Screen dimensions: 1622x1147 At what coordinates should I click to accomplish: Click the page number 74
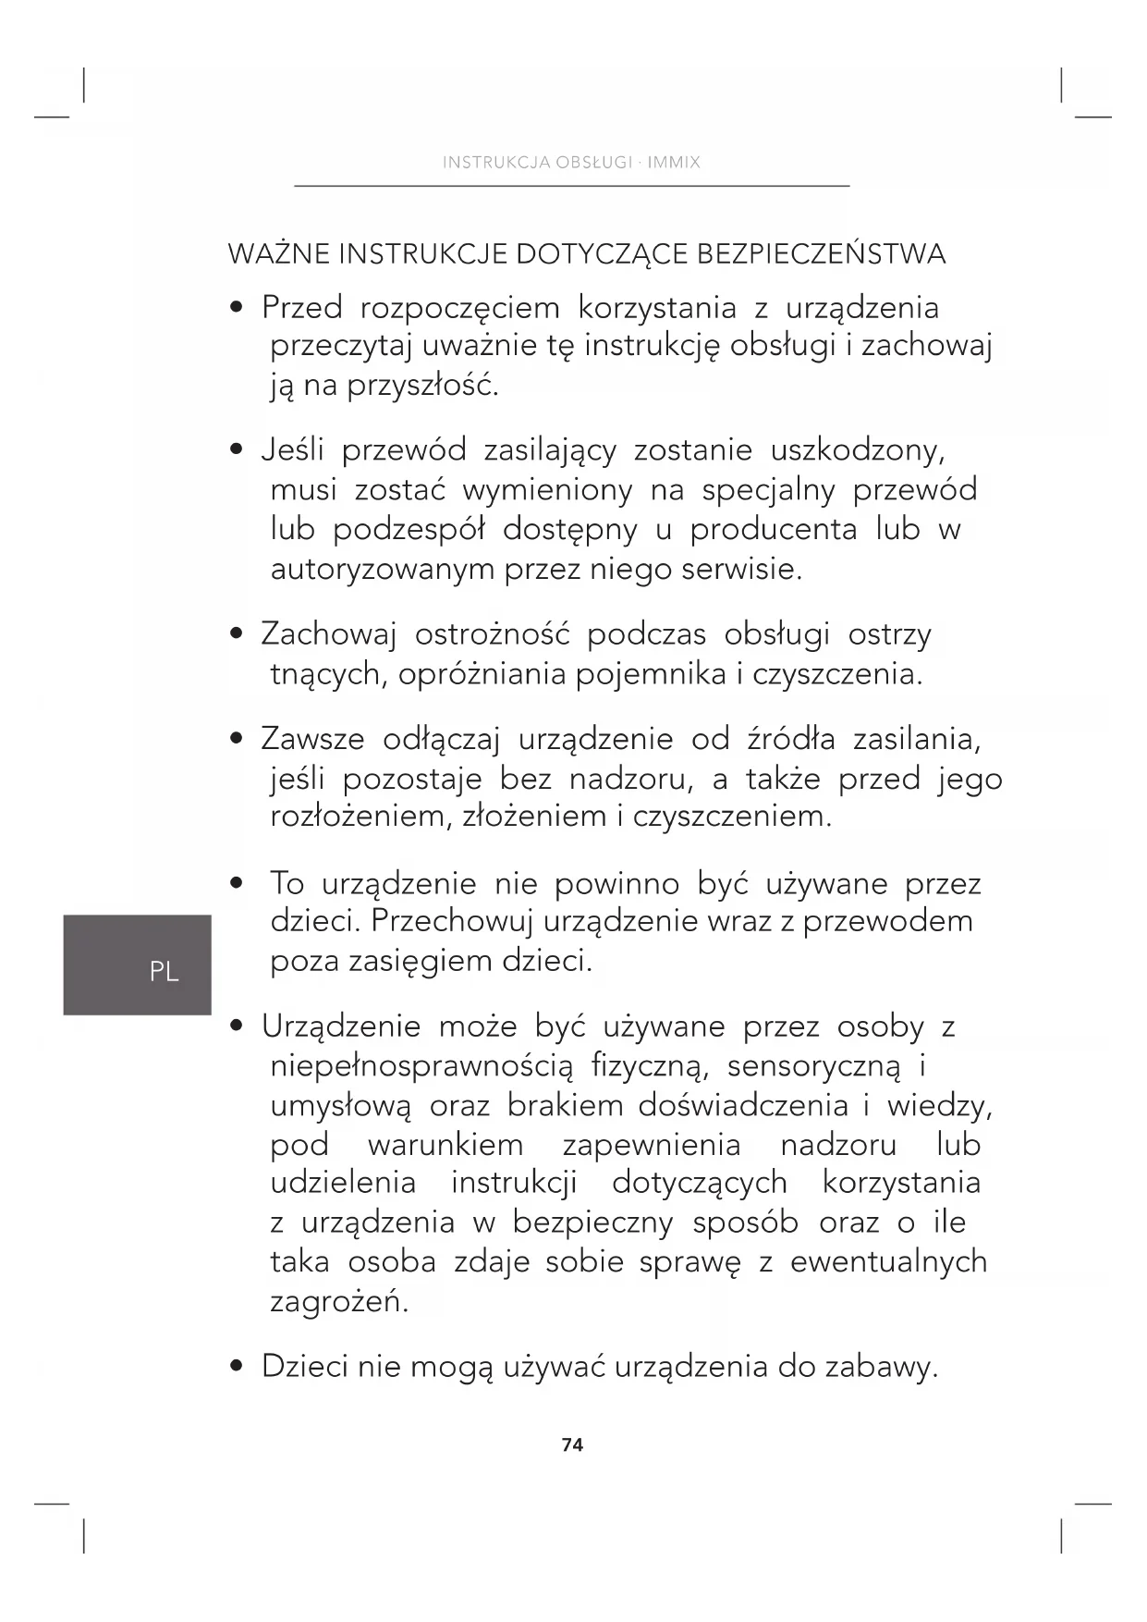572,1444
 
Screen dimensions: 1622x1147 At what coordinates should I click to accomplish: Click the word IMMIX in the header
674,163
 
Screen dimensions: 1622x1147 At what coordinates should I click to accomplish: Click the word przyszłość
422,385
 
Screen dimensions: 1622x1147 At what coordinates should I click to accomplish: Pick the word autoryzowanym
383,569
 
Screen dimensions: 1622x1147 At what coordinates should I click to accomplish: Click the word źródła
790,740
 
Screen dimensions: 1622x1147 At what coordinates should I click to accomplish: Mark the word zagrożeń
338,1302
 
